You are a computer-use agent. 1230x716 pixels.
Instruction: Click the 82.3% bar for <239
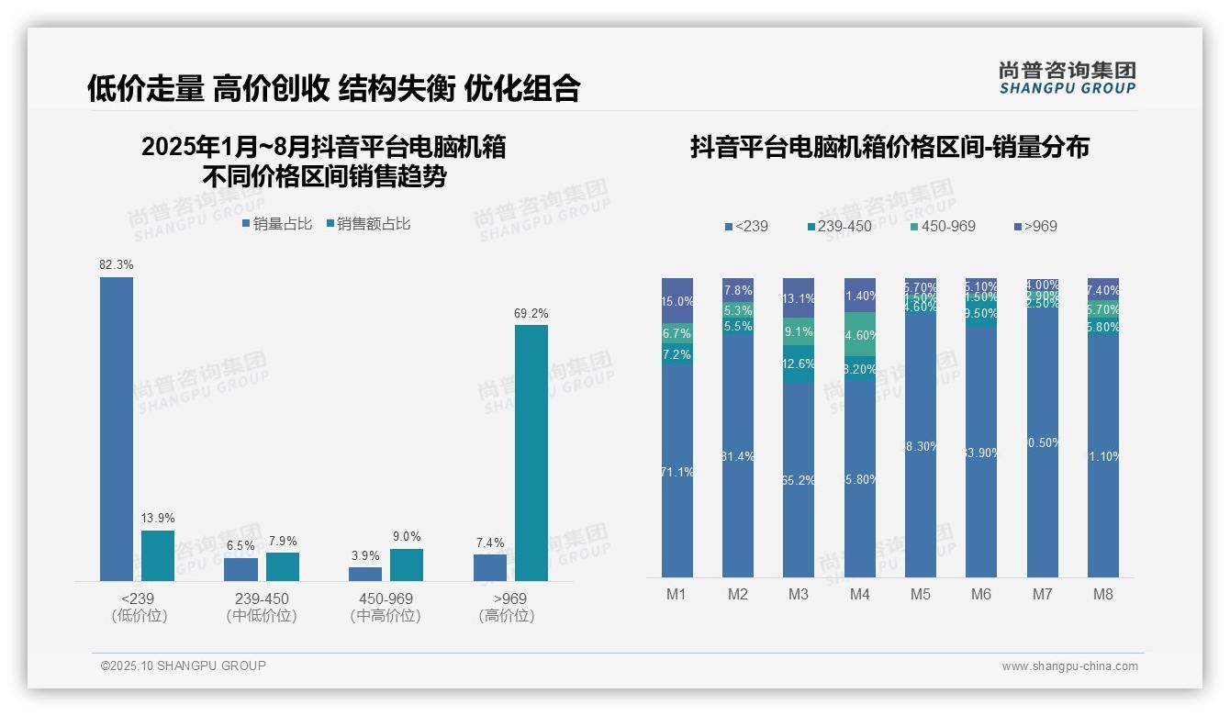pyautogui.click(x=117, y=429)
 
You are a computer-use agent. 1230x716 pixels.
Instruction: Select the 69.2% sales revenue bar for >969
pyautogui.click(x=531, y=453)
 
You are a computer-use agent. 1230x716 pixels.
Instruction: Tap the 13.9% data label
pyautogui.click(x=158, y=519)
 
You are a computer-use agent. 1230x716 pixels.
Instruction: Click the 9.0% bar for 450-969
pyautogui.click(x=406, y=565)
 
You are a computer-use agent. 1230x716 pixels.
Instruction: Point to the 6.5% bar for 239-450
pyautogui.click(x=240, y=569)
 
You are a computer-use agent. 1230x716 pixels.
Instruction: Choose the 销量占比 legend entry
pyautogui.click(x=277, y=224)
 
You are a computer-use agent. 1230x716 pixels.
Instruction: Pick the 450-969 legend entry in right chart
pyautogui.click(x=944, y=226)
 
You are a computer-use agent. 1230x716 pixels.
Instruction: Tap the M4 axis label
pyautogui.click(x=859, y=594)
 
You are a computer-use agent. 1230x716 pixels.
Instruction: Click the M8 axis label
pyautogui.click(x=1102, y=594)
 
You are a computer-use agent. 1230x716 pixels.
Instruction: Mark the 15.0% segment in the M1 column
pyautogui.click(x=677, y=301)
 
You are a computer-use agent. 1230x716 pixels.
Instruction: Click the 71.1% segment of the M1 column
pyautogui.click(x=677, y=471)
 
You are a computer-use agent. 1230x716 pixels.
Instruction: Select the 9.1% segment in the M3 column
pyautogui.click(x=799, y=331)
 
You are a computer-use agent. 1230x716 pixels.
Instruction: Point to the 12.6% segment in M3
pyautogui.click(x=799, y=364)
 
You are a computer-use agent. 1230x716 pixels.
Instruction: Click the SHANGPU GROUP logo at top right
pyautogui.click(x=1067, y=78)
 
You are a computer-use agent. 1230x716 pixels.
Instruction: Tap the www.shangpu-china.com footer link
pyautogui.click(x=1069, y=666)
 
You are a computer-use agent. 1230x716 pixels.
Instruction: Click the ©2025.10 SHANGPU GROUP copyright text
pyautogui.click(x=184, y=666)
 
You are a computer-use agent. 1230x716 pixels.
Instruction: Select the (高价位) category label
pyautogui.click(x=506, y=616)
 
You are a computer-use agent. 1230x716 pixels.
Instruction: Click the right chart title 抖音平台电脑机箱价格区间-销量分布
pyautogui.click(x=889, y=148)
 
